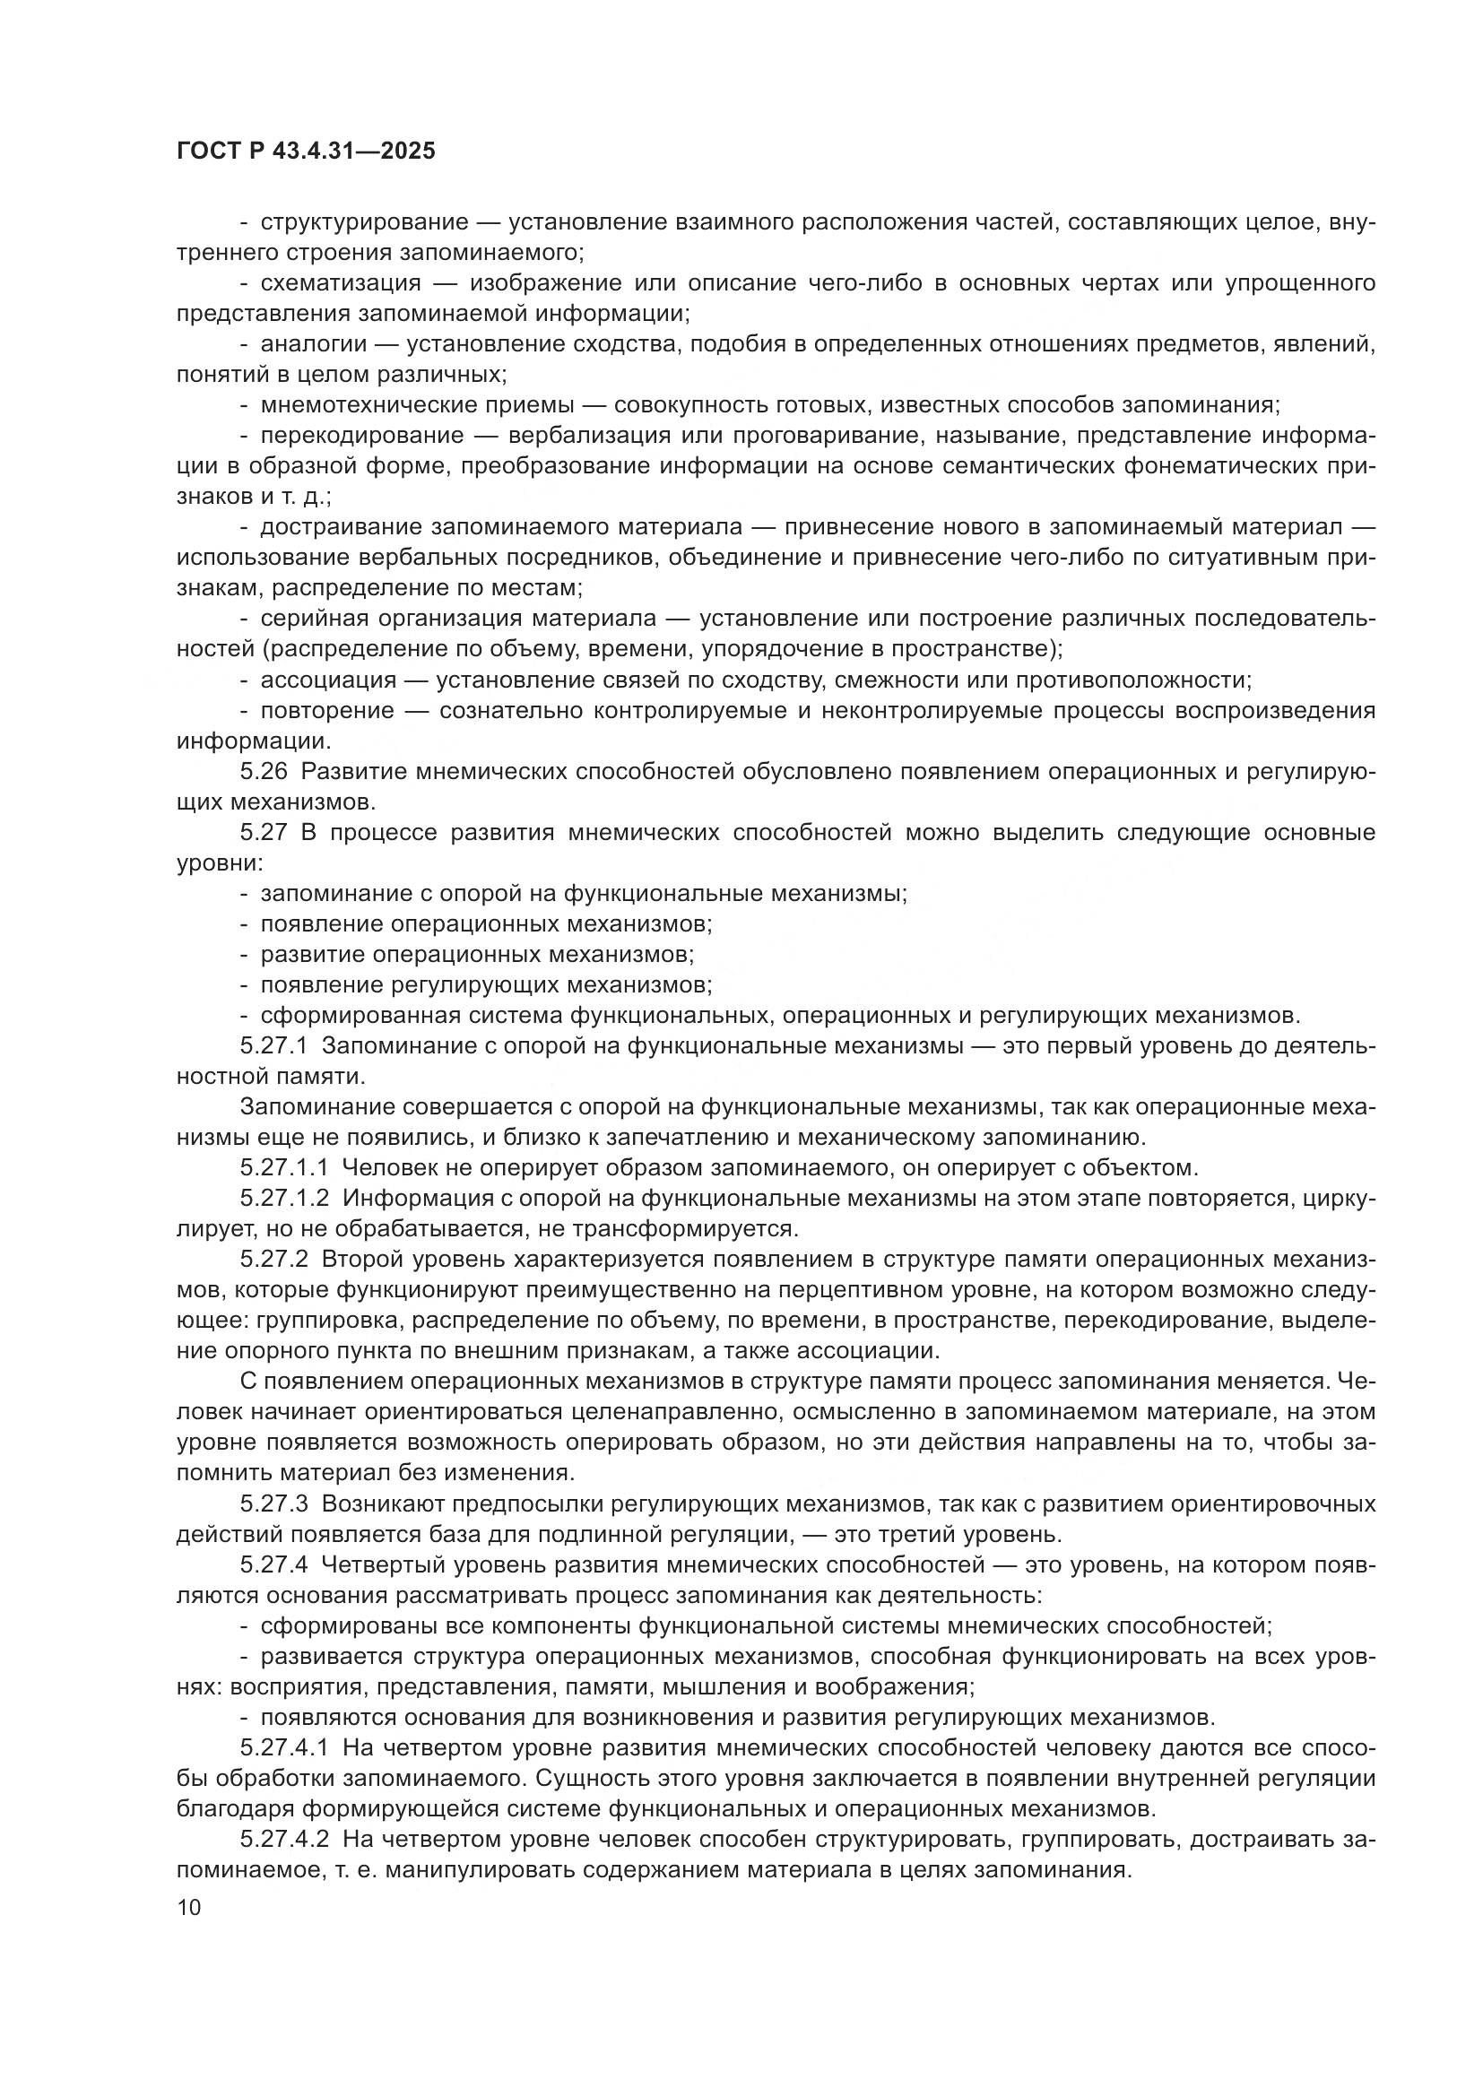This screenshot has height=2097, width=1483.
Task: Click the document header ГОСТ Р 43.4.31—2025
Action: pos(306,152)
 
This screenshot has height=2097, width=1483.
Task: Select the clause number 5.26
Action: pos(264,772)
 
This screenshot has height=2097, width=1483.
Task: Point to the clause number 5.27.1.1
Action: pos(284,1168)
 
